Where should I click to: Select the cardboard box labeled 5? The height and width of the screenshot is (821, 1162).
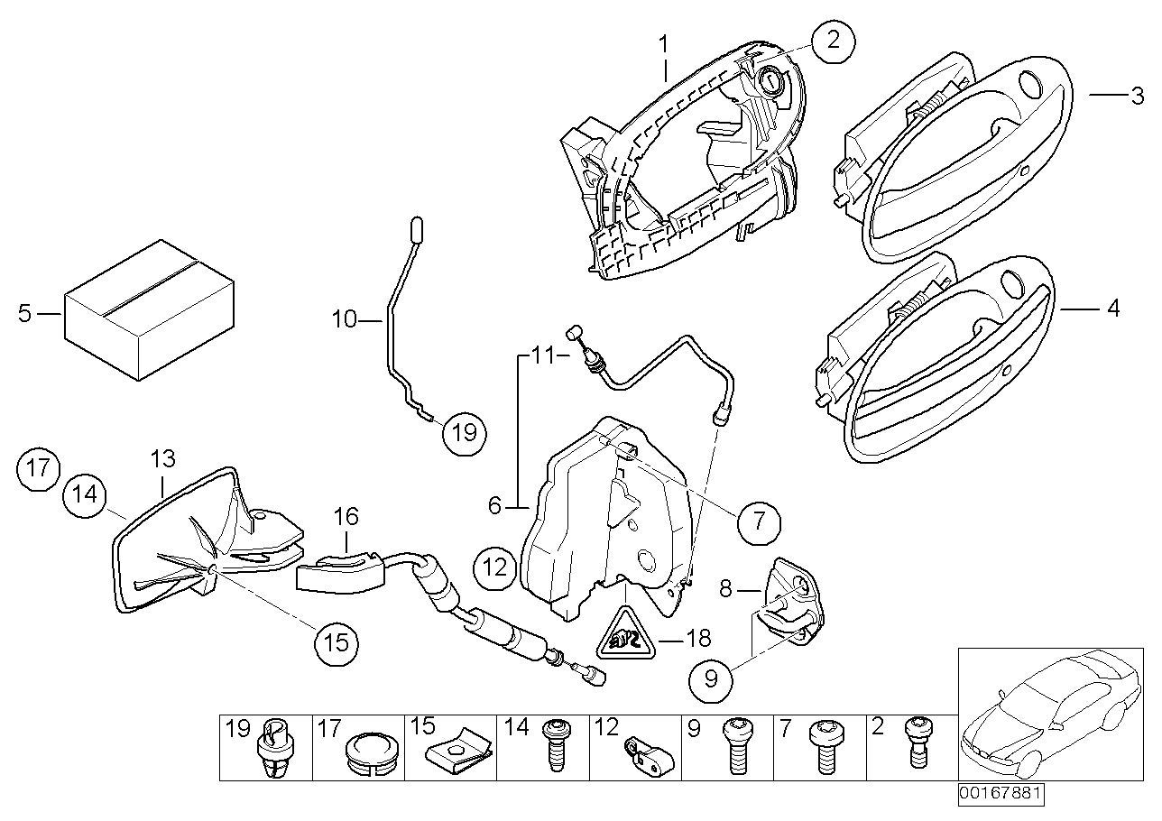point(148,309)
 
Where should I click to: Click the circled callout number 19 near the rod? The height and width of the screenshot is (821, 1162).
point(464,432)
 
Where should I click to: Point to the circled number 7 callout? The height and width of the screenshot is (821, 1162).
point(758,521)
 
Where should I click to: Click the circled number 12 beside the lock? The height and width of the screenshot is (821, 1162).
point(494,567)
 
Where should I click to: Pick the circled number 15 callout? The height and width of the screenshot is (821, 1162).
point(335,642)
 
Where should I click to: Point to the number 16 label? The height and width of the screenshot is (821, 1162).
point(346,517)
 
